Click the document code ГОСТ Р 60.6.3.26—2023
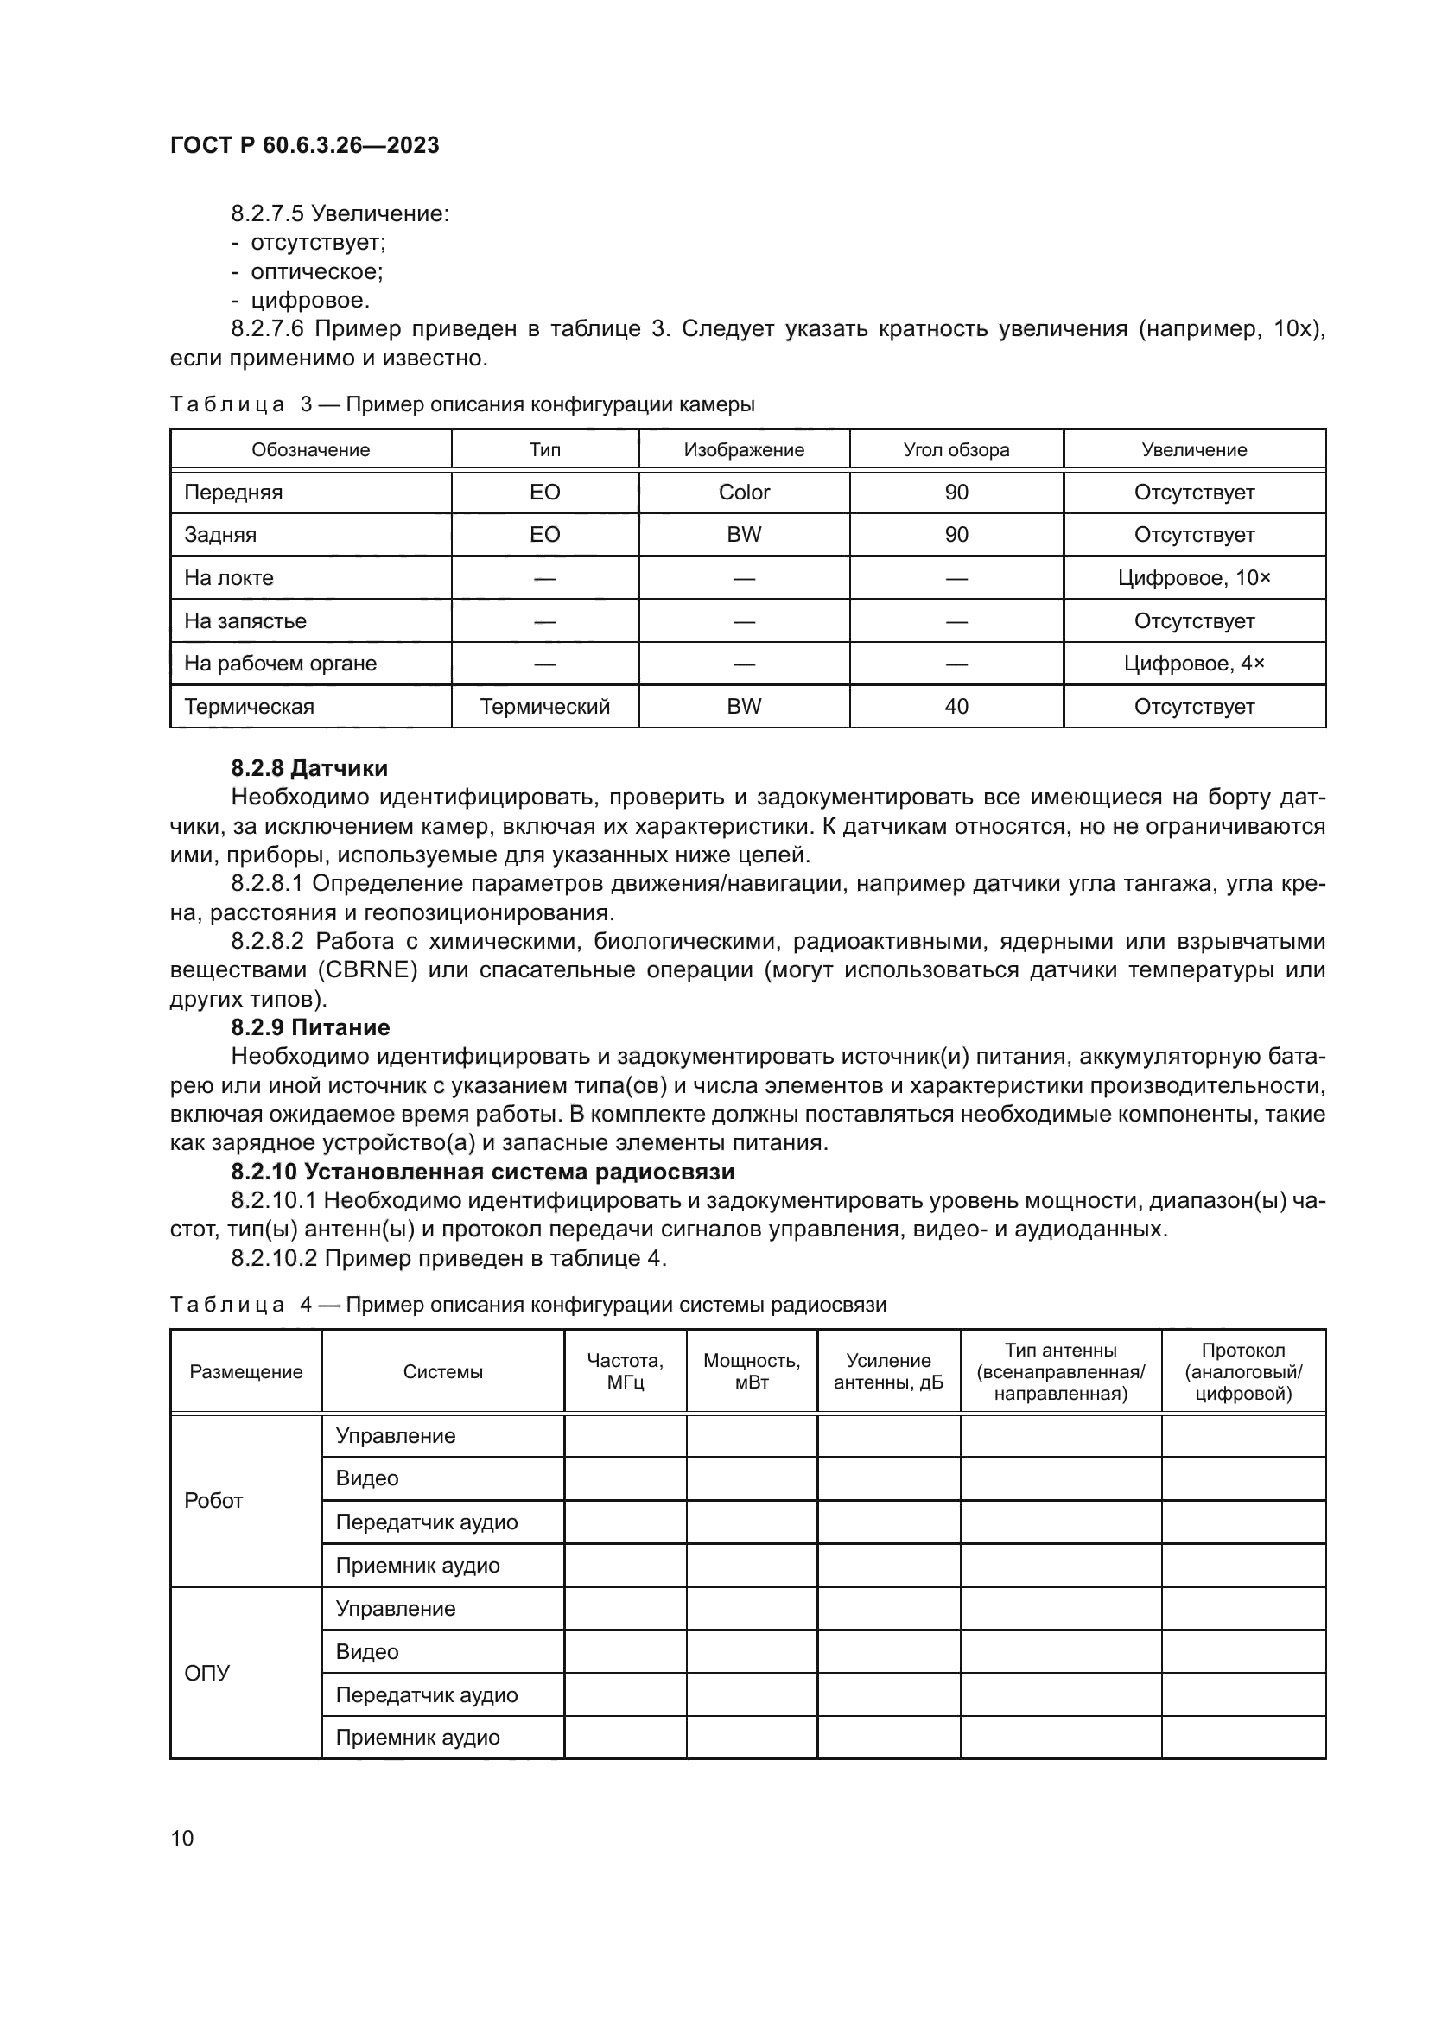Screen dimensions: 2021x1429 304,145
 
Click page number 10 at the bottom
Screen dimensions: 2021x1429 182,1838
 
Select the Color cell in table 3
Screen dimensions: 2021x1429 744,492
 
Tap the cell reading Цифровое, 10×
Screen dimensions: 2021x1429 1194,578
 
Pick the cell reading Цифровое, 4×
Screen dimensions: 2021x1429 1194,664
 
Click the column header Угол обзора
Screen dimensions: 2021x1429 956,450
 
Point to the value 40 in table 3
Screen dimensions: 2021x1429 956,707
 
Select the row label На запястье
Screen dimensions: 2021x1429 245,621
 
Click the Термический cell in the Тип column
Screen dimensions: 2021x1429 544,707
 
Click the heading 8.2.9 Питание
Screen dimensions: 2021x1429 311,1027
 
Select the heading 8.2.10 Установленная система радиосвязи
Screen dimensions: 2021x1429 482,1172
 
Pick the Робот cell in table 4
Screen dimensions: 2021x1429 213,1501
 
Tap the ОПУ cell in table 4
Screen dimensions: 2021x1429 207,1674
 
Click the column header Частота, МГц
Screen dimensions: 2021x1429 625,1371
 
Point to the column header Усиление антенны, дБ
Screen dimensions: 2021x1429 888,1371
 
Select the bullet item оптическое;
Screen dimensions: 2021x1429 317,271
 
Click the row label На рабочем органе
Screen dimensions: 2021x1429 280,664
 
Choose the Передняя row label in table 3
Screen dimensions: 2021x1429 233,492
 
